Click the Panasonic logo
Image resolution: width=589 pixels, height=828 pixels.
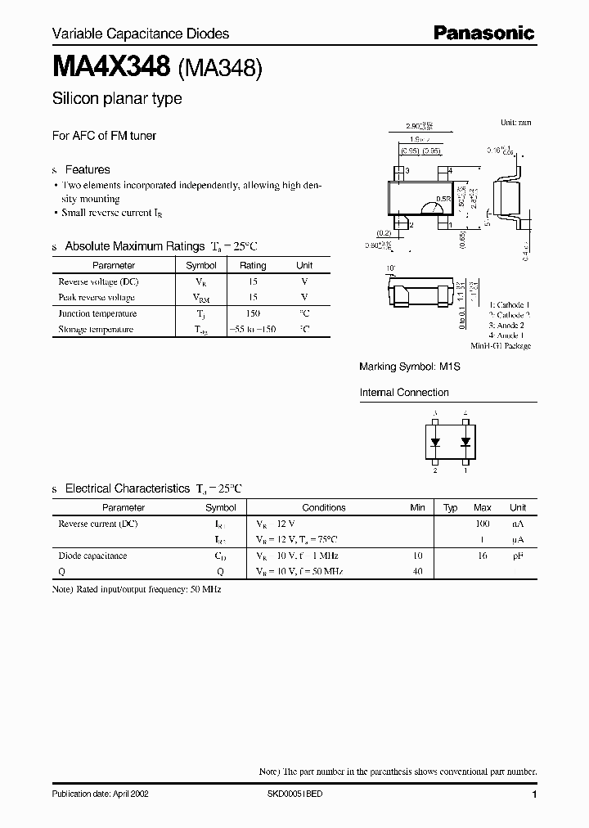(x=483, y=33)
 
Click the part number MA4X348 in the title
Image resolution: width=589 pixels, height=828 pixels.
(x=111, y=68)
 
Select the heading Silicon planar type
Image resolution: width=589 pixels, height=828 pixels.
(x=117, y=99)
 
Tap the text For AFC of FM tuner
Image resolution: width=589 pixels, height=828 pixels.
(x=104, y=135)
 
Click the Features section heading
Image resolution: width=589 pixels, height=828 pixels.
(x=87, y=169)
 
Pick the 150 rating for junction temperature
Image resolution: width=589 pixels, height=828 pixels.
(x=253, y=313)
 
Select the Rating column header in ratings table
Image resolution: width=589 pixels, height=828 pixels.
(x=253, y=265)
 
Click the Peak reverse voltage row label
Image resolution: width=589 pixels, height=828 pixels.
(x=97, y=297)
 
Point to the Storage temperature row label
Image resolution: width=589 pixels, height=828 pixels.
(x=95, y=329)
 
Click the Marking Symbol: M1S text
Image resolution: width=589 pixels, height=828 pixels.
(x=410, y=367)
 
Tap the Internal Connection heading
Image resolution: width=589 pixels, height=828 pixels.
(x=404, y=393)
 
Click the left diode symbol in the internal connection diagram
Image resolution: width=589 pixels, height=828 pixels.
(x=435, y=442)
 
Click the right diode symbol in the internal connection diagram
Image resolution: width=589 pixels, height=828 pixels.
(x=465, y=442)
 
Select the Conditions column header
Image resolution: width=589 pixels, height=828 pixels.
(x=324, y=507)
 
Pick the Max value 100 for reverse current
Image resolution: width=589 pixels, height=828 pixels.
(x=483, y=523)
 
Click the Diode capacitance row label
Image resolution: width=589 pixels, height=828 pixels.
(x=92, y=556)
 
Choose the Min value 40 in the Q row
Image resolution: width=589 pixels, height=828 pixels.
(x=418, y=571)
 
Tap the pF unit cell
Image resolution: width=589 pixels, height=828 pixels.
(x=518, y=556)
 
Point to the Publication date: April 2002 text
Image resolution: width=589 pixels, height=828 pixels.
(x=100, y=794)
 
